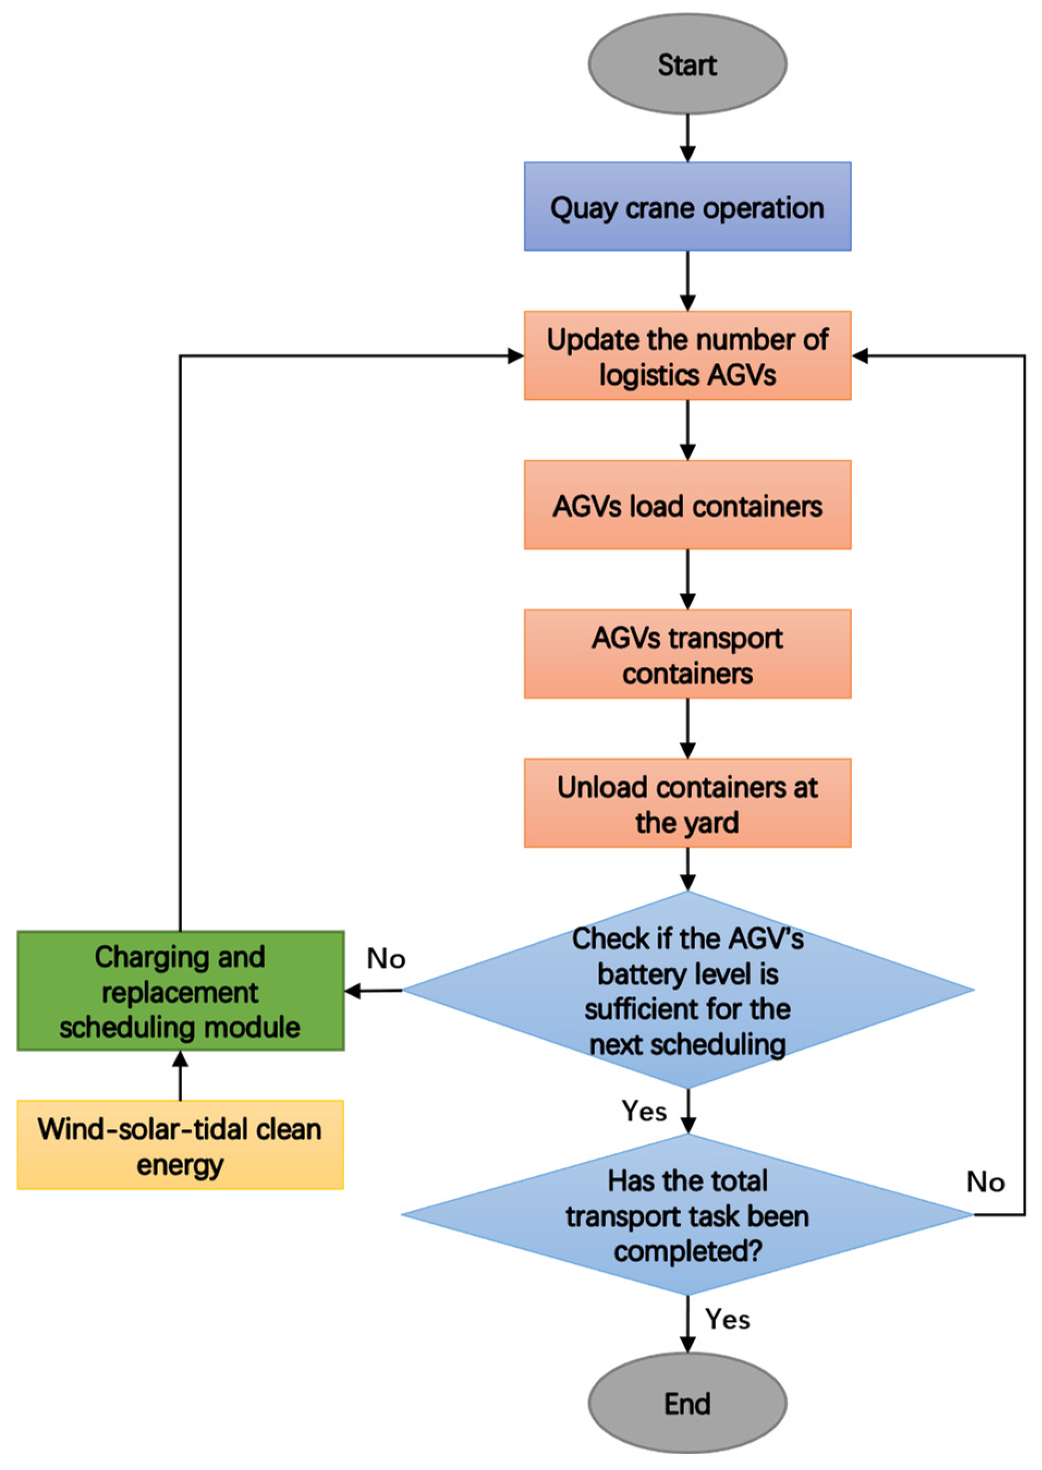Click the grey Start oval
[687, 64]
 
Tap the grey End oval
[687, 1404]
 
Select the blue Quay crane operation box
[687, 206]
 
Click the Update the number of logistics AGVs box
[687, 356]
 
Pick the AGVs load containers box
[687, 505]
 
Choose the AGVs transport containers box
[687, 654]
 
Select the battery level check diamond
[687, 990]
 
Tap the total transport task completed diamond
[687, 1214]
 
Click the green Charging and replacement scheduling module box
[180, 991]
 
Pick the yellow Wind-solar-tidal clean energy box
[180, 1145]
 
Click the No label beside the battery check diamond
[386, 958]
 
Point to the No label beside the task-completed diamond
[985, 1182]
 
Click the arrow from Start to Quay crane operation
[687, 138]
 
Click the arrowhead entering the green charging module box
[353, 991]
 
